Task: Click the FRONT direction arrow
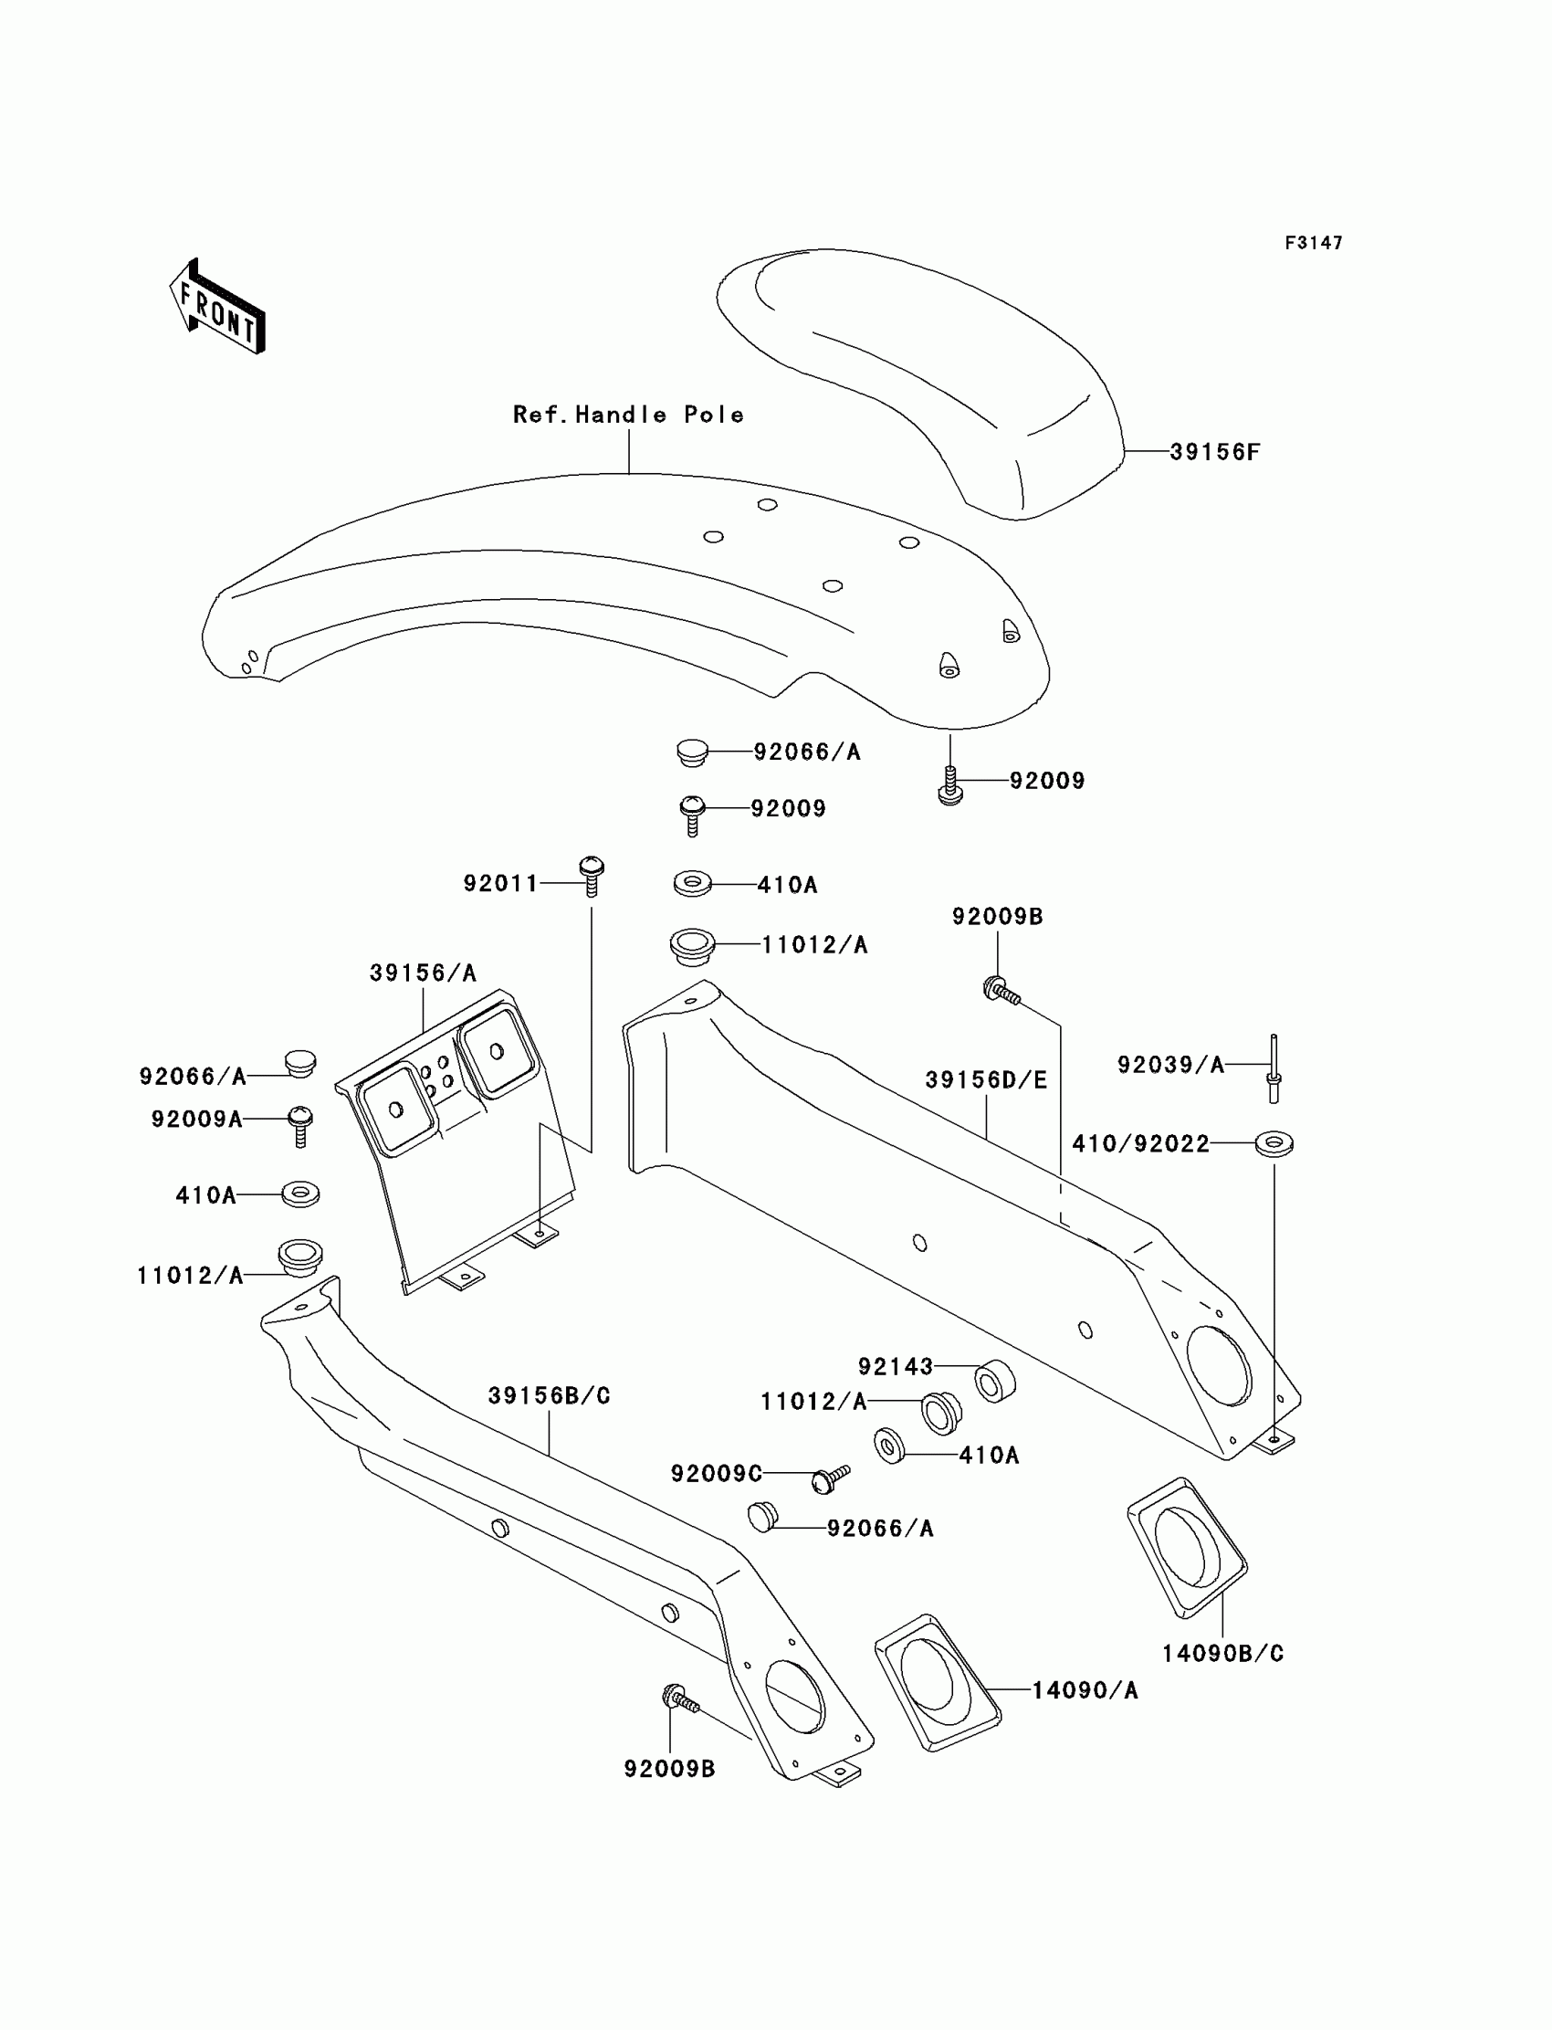point(218,307)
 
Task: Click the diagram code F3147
point(1313,243)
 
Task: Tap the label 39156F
point(1214,452)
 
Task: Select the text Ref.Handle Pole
point(628,415)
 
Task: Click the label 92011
point(499,883)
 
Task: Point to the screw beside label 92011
point(592,875)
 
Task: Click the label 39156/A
point(422,972)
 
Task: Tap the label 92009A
point(197,1119)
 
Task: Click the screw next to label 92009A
point(300,1124)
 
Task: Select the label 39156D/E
point(986,1079)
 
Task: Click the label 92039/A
point(1170,1065)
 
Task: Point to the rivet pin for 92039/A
point(1274,1068)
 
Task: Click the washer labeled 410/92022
point(1274,1143)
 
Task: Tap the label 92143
point(896,1365)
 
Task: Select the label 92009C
point(716,1473)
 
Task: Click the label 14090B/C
point(1222,1653)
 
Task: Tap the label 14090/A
point(1085,1690)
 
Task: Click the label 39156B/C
point(549,1395)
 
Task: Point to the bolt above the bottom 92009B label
point(680,1698)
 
